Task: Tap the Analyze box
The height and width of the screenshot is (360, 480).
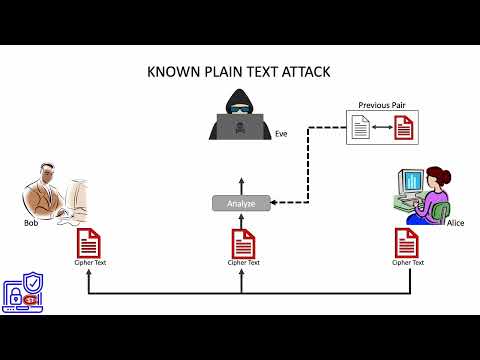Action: [x=241, y=204]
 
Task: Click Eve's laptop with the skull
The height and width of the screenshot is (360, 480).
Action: [x=240, y=128]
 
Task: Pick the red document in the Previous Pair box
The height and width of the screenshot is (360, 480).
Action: [x=403, y=126]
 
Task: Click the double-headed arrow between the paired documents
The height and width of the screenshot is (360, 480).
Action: [x=380, y=127]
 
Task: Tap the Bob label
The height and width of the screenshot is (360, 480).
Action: [x=31, y=222]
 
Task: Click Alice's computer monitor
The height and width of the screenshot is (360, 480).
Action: [x=413, y=184]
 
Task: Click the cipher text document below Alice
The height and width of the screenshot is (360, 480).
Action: [x=406, y=243]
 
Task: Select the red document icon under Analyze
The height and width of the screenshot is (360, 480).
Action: [x=242, y=243]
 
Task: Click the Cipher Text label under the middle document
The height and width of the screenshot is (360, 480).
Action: [x=243, y=263]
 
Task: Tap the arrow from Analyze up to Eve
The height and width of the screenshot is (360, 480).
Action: [x=240, y=183]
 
